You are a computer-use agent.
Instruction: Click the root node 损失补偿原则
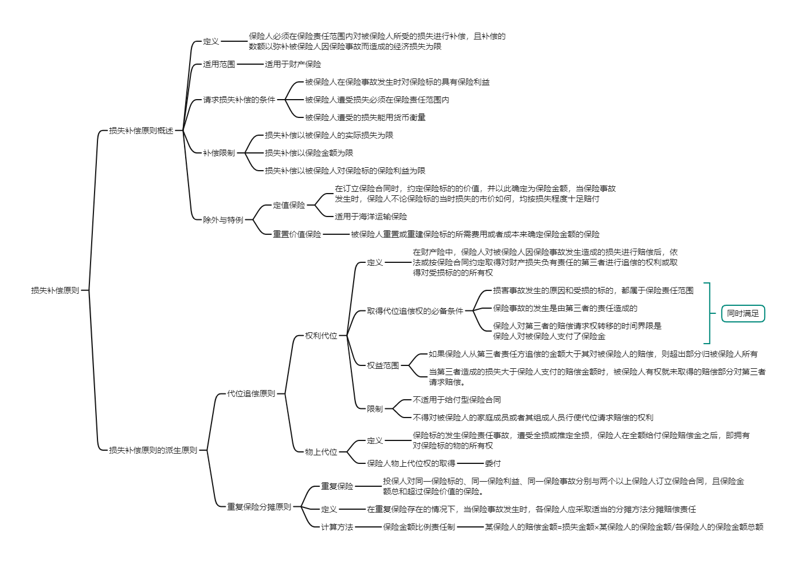[x=55, y=290]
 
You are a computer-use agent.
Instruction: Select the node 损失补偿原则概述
[x=141, y=131]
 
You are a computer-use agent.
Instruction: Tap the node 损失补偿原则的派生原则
[x=153, y=450]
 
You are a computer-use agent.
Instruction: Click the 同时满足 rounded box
[x=743, y=313]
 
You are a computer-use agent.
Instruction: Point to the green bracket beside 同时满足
[x=709, y=313]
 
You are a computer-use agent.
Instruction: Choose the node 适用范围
[x=219, y=64]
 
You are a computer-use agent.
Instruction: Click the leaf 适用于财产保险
[x=293, y=64]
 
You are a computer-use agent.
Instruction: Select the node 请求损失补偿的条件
[x=239, y=100]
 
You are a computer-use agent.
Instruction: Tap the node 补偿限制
[x=219, y=153]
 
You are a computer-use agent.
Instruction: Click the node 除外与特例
[x=223, y=220]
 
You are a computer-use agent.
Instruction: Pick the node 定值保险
[x=289, y=205]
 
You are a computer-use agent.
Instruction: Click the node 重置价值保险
[x=297, y=234]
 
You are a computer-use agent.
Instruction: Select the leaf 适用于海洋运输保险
[x=371, y=216]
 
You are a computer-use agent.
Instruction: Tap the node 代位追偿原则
[x=251, y=393]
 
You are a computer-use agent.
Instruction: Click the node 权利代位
[x=321, y=336]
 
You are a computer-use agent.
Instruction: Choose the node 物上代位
[x=321, y=452]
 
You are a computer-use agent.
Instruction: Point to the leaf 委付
[x=493, y=463]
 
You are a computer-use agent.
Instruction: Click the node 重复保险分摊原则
[x=259, y=507]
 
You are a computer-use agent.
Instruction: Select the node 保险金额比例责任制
[x=419, y=527]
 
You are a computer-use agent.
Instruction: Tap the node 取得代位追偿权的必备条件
[x=415, y=311]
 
